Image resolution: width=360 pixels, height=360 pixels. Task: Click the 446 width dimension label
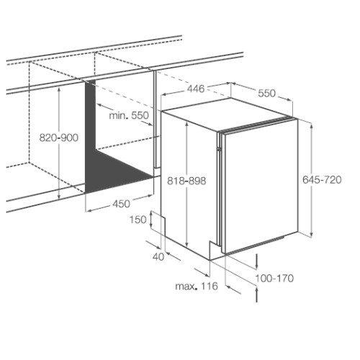coord(196,89)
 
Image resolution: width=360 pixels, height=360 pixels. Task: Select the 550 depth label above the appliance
coord(266,94)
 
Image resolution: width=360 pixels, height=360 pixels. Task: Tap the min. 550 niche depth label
coord(129,115)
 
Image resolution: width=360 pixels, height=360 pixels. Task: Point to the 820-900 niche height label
coord(59,138)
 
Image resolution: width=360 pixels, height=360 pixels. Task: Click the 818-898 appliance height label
coord(186,181)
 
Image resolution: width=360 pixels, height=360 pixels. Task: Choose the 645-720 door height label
coord(322,180)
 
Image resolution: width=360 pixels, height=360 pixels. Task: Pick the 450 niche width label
coord(121,204)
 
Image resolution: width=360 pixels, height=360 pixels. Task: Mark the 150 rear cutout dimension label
coord(138,220)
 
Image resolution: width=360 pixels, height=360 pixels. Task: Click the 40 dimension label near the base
coord(158,257)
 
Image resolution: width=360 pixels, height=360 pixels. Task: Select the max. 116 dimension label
coord(197,286)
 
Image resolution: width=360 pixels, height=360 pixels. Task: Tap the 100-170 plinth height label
coord(274,279)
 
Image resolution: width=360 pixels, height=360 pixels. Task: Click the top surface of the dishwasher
coord(228,113)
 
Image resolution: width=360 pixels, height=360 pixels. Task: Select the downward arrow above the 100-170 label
coord(257,261)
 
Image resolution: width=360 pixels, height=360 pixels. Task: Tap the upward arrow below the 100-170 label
coord(257,294)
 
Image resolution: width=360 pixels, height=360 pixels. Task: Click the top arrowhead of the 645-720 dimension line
coord(312,126)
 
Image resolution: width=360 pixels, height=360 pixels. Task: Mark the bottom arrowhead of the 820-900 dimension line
coord(59,197)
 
